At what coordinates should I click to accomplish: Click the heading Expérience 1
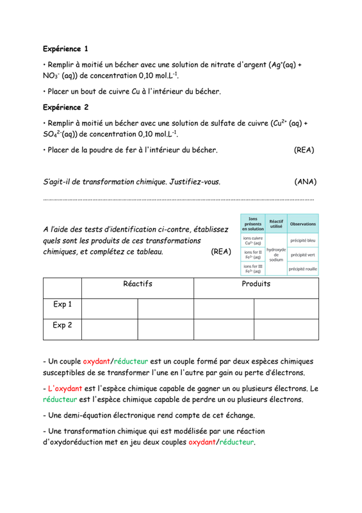tap(65, 48)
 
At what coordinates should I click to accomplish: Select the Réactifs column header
tap(137, 282)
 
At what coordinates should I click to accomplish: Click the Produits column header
tap(255, 282)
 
